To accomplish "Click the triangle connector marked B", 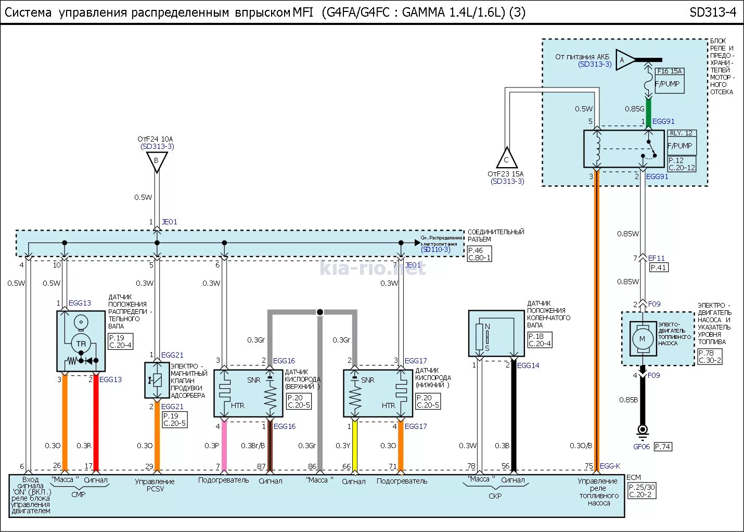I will [156, 161].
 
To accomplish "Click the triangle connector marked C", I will [506, 158].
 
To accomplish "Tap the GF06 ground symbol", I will [643, 430].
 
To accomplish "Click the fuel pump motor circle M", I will [642, 339].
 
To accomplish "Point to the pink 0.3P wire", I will [224, 445].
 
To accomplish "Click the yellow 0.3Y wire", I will [355, 445].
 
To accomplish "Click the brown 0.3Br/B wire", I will [270, 445].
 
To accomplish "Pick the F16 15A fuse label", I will [669, 71].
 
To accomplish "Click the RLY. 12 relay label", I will [681, 133].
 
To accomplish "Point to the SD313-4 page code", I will [712, 12].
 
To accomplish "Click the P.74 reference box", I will [663, 447].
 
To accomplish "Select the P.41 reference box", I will [658, 268].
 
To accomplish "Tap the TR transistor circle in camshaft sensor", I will [81, 344].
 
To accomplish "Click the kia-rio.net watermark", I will [372, 269].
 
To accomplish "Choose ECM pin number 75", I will [588, 466].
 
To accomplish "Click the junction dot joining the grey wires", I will [320, 312].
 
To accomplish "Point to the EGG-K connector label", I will [610, 466].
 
